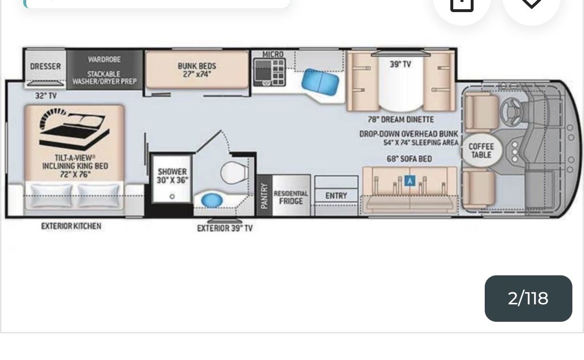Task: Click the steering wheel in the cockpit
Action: pyautogui.click(x=511, y=112)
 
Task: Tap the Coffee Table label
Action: pyautogui.click(x=481, y=150)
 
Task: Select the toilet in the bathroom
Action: pyautogui.click(x=234, y=172)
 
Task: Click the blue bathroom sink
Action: pyautogui.click(x=212, y=200)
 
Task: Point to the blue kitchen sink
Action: pyautogui.click(x=321, y=82)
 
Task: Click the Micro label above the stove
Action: pyautogui.click(x=273, y=54)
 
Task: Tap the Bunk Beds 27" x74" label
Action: pyautogui.click(x=197, y=70)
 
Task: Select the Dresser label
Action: pyautogui.click(x=46, y=66)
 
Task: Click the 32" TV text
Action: pyautogui.click(x=46, y=96)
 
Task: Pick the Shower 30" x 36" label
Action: pyautogui.click(x=172, y=176)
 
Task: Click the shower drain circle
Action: pyautogui.click(x=172, y=196)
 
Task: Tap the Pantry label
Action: pyautogui.click(x=264, y=196)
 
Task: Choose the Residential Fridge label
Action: pyautogui.click(x=291, y=197)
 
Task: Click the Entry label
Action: pyautogui.click(x=336, y=195)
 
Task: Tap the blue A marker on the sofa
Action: pyautogui.click(x=410, y=180)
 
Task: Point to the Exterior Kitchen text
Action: pyautogui.click(x=71, y=226)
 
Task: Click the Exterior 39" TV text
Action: pyautogui.click(x=225, y=228)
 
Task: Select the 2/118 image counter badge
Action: pyautogui.click(x=528, y=298)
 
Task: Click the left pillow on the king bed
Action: pyautogui.click(x=51, y=195)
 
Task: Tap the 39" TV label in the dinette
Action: pyautogui.click(x=400, y=64)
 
